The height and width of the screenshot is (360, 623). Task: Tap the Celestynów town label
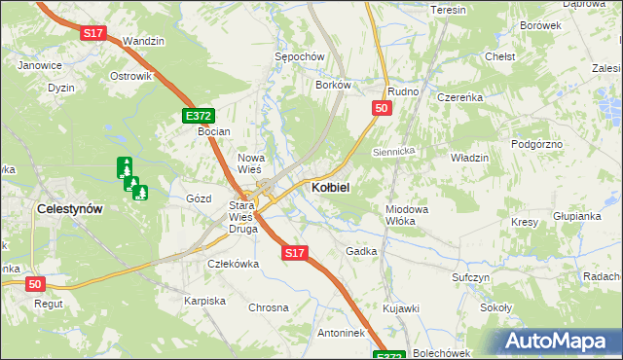click(70, 208)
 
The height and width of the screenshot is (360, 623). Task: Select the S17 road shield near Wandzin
click(92, 33)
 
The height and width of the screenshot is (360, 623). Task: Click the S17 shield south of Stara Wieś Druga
click(296, 253)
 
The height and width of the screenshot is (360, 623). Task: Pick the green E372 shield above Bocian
click(198, 116)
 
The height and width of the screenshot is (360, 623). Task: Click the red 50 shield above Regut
click(35, 283)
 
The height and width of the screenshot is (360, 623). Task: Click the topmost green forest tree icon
click(124, 166)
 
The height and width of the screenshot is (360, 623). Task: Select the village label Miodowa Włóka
click(407, 215)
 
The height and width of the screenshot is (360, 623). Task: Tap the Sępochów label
click(299, 57)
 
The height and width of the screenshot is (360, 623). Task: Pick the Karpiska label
click(204, 301)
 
